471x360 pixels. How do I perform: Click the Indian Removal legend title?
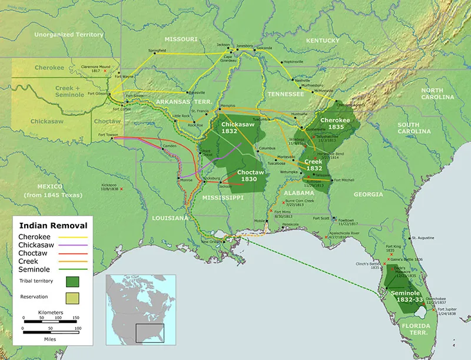tap(53, 225)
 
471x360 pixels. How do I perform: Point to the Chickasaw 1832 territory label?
tap(237, 128)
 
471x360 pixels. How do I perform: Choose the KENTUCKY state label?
tap(323, 40)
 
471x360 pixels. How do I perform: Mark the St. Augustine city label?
tap(423, 237)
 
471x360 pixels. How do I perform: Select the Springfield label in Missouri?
tap(157, 49)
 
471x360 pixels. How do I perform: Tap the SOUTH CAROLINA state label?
tap(416, 128)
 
